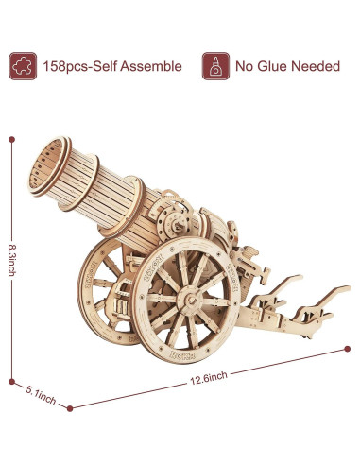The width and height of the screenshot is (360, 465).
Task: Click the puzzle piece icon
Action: point(21,67)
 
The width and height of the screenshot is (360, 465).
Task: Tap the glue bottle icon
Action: point(214,67)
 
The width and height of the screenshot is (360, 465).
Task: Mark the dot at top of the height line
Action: point(12,139)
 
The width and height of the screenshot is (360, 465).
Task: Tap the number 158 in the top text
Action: point(55,68)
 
